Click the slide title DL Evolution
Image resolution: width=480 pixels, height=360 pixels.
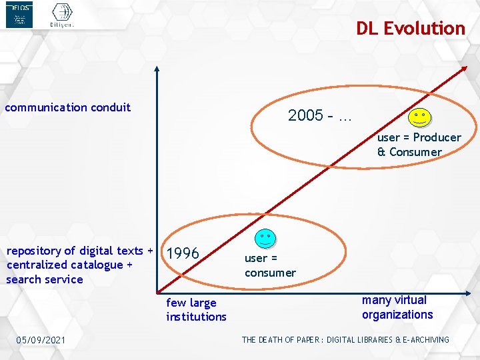coord(410,29)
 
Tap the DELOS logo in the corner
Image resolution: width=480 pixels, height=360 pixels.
coord(19,15)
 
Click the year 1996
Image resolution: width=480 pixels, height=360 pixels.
coord(183,254)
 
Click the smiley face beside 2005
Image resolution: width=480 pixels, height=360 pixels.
coord(419,118)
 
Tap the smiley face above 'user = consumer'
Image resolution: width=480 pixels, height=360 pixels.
coord(265,239)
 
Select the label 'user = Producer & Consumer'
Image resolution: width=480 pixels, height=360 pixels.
coord(419,145)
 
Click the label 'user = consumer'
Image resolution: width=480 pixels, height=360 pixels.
coord(269,265)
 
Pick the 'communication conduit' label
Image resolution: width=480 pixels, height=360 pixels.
coord(68,107)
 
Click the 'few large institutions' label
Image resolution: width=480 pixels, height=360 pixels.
coord(196,309)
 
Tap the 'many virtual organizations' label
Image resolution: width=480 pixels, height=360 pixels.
coord(397,307)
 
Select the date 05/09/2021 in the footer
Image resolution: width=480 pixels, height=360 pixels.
coord(41,341)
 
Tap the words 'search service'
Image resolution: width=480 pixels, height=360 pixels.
coord(45,279)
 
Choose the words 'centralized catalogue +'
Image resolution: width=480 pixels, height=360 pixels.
coord(69,265)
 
